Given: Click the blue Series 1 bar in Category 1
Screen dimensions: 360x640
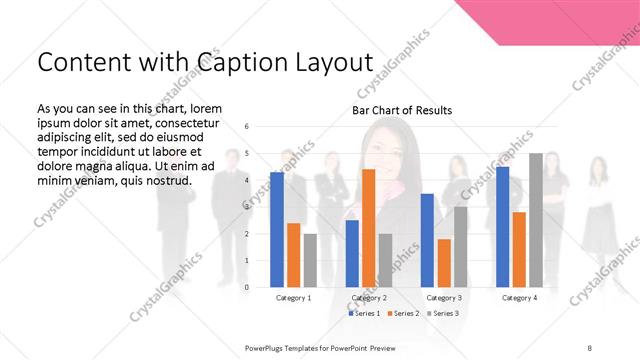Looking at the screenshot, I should pos(277,230).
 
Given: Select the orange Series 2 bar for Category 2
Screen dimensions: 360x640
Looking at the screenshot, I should pos(368,228).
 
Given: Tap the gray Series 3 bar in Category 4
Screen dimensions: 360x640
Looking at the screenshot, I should pos(536,220).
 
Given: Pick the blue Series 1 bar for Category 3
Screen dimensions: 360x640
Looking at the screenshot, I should pos(427,240).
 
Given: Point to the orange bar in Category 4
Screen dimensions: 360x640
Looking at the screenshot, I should pos(519,249).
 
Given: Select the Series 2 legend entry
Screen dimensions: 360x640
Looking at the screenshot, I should pos(402,314).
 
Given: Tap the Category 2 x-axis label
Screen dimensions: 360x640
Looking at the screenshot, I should pos(369,298).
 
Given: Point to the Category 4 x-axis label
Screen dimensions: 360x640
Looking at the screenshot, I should pos(518,298).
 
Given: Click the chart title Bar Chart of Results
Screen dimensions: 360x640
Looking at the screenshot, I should pos(402,110).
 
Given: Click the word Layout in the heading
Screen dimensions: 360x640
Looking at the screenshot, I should pos(324,62).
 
